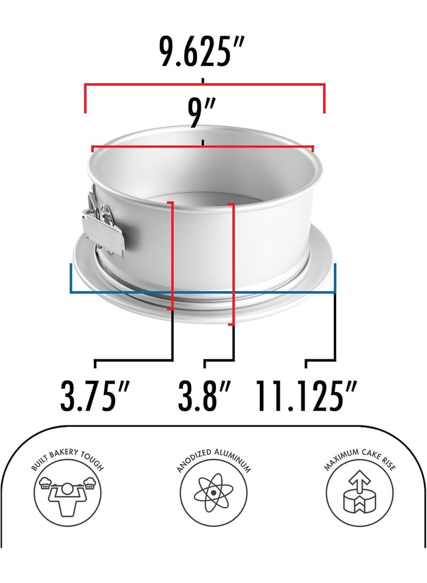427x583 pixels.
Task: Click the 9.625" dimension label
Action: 202,52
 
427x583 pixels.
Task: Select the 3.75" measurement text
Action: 95,395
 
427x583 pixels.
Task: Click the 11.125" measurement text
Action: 306,395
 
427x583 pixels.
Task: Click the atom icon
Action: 213,492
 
